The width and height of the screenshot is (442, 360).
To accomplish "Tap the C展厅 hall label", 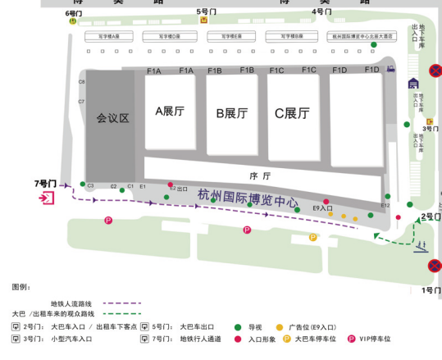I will [292, 113].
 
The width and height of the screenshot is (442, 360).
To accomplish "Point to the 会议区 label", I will [113, 118].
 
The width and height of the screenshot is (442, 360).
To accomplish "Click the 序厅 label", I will [260, 175].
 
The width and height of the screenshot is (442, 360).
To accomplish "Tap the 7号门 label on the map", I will [45, 184].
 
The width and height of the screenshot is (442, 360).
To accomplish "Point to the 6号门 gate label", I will [74, 14].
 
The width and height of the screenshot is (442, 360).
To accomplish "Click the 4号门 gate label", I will [321, 12].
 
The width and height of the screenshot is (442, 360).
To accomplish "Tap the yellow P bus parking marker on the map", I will [312, 237].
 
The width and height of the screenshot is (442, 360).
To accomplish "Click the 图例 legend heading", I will [21, 287].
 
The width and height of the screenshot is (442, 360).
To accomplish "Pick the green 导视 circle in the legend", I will [238, 325].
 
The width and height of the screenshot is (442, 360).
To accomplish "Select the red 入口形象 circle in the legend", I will [238, 338].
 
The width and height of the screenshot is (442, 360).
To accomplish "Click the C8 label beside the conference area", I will [81, 82].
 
